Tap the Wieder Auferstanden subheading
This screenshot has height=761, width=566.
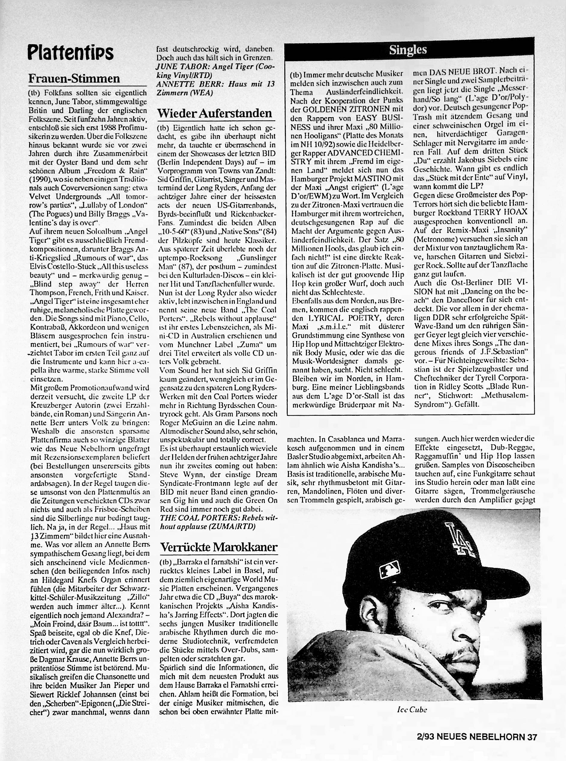click(x=214, y=113)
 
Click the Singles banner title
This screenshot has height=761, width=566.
click(x=408, y=50)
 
